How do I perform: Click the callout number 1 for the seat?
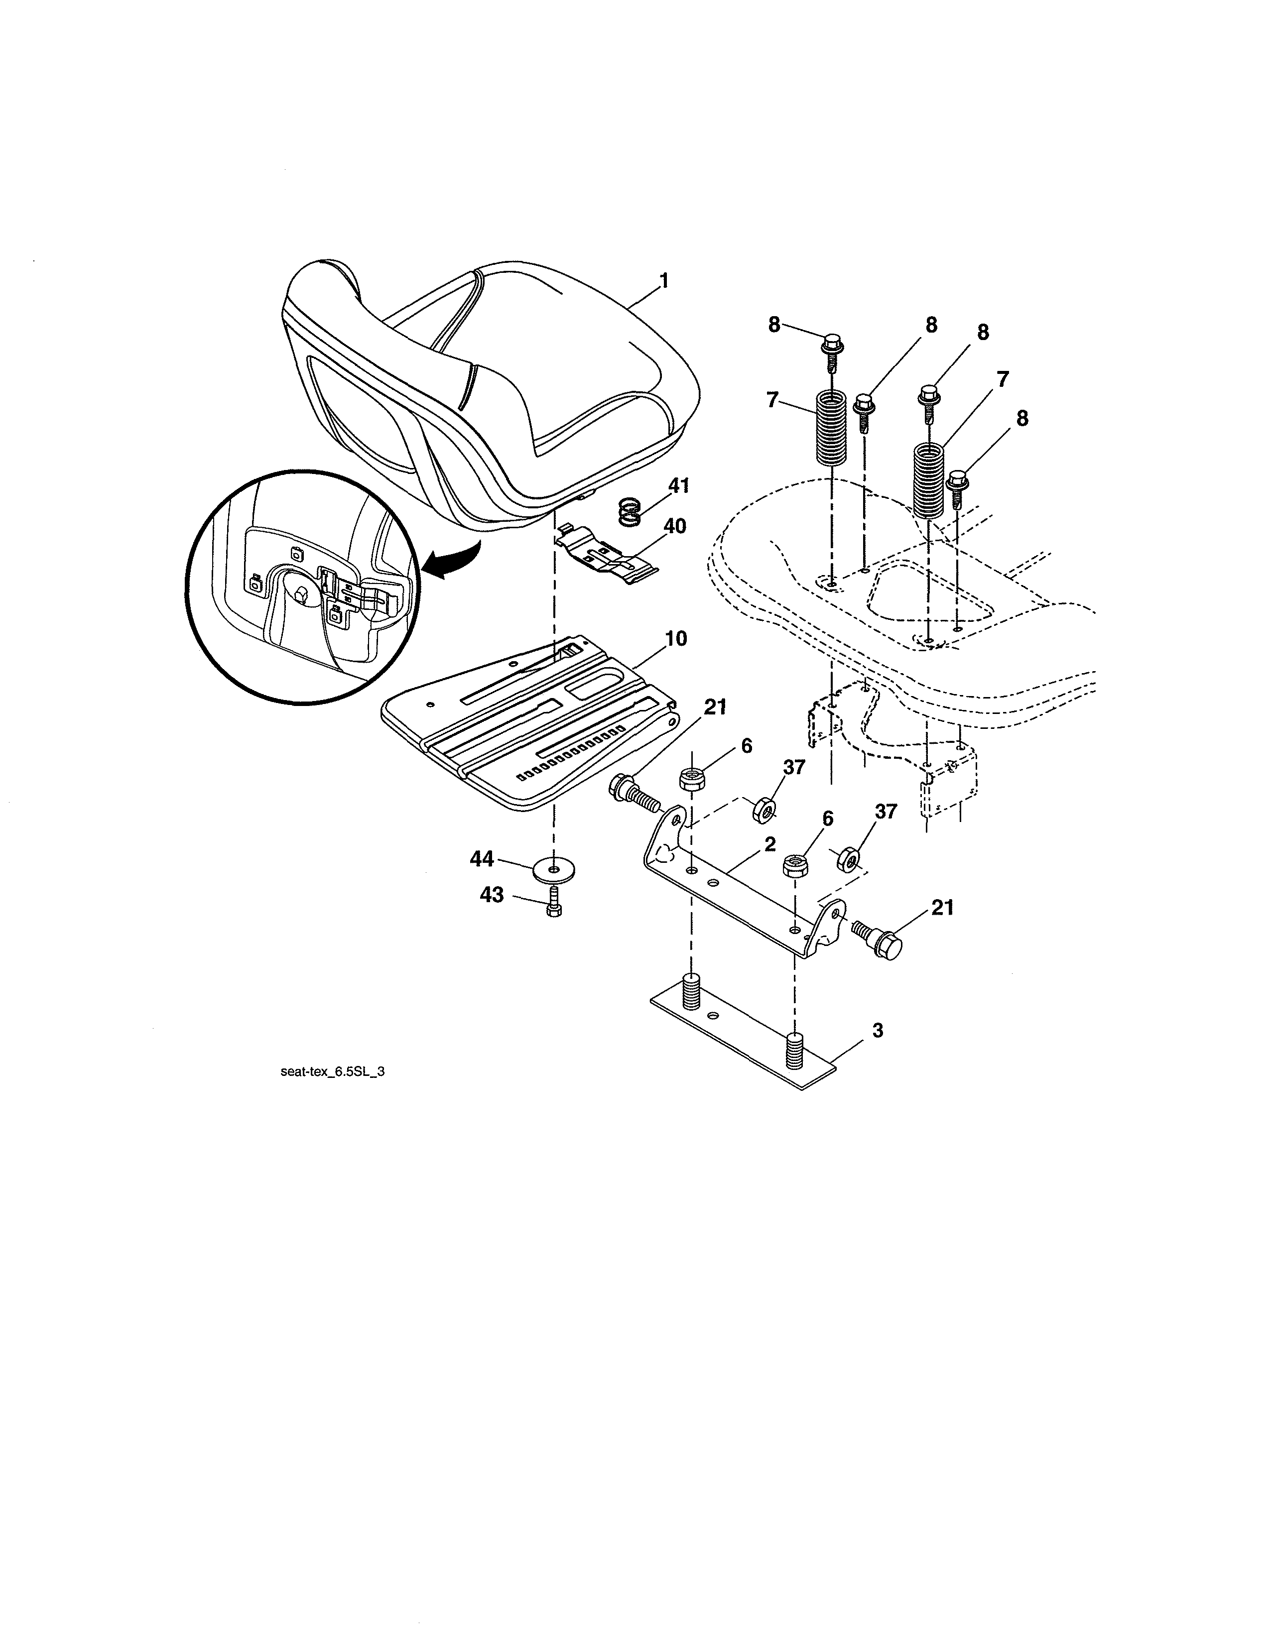pyautogui.click(x=663, y=281)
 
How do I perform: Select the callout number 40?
pyautogui.click(x=675, y=526)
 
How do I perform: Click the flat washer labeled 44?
pyautogui.click(x=554, y=870)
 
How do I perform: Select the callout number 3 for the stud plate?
pyautogui.click(x=877, y=1031)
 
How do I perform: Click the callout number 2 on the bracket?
pyautogui.click(x=769, y=844)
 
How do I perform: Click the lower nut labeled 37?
pyautogui.click(x=847, y=858)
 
